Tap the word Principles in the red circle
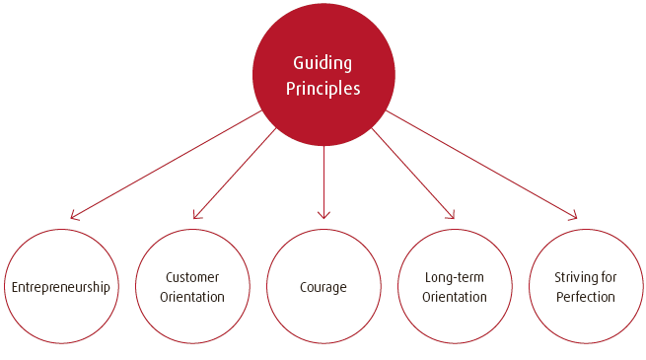tap(323, 89)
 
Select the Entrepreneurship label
tap(61, 287)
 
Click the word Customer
tap(192, 277)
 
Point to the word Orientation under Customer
tap(192, 297)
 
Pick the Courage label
tap(323, 287)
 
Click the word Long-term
tap(455, 277)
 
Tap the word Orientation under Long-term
tap(455, 297)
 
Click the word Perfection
tap(586, 297)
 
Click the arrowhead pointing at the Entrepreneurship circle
tap(74, 216)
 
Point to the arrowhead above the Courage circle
tap(323, 216)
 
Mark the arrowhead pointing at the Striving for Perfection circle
tap(573, 216)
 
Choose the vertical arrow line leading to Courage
tap(323, 178)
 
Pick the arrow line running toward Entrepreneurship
tap(168, 163)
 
